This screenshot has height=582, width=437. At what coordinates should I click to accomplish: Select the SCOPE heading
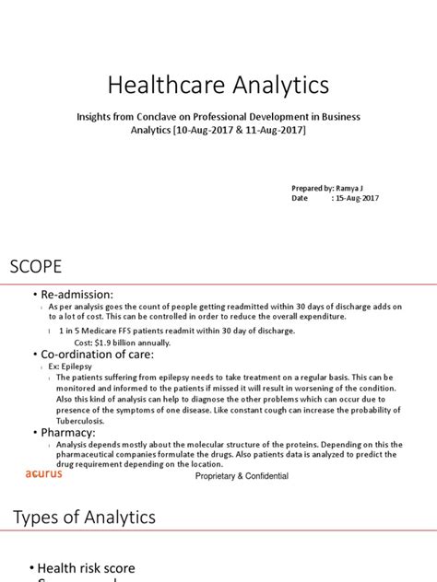tap(36, 267)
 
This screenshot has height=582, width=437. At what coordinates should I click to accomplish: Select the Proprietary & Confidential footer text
tap(242, 476)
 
